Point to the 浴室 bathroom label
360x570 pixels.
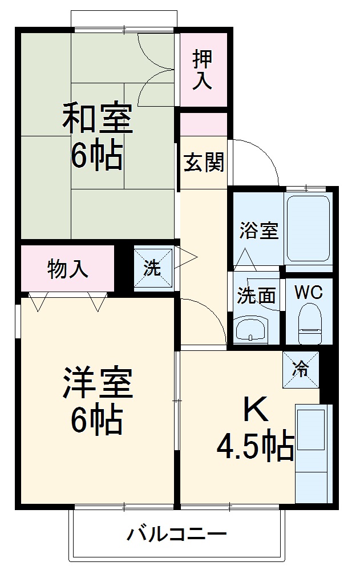(258, 231)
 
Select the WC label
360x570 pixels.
(309, 293)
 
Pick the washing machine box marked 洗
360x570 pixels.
(152, 267)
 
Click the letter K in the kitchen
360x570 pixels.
(254, 409)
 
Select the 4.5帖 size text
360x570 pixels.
(255, 447)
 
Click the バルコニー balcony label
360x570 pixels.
(177, 535)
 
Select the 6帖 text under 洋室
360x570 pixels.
(96, 421)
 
